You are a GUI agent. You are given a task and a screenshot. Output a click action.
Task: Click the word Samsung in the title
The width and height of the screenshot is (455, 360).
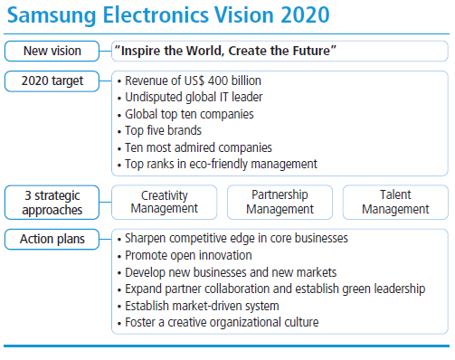point(52,15)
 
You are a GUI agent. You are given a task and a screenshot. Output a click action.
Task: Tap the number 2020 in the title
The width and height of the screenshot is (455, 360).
point(305,14)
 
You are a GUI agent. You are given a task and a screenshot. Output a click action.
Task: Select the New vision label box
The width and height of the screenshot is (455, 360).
point(52,51)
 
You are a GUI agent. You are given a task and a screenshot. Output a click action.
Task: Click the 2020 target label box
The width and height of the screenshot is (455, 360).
point(52,81)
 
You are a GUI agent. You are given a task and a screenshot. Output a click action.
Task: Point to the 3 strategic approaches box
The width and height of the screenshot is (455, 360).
point(52,203)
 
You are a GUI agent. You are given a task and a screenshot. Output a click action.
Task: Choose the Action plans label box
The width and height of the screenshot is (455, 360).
point(52,240)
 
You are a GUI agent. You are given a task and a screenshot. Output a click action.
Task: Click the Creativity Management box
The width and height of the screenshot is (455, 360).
point(165,203)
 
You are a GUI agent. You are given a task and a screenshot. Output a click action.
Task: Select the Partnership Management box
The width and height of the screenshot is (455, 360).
point(280,203)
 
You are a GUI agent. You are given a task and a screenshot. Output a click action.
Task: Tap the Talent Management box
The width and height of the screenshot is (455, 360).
point(395,203)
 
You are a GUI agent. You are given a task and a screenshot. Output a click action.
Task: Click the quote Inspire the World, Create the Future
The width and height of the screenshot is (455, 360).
point(225,51)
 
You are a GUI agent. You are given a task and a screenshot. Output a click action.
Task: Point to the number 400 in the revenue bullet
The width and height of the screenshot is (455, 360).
point(218,81)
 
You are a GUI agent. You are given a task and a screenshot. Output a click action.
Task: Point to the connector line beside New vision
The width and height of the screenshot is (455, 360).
point(105,51)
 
